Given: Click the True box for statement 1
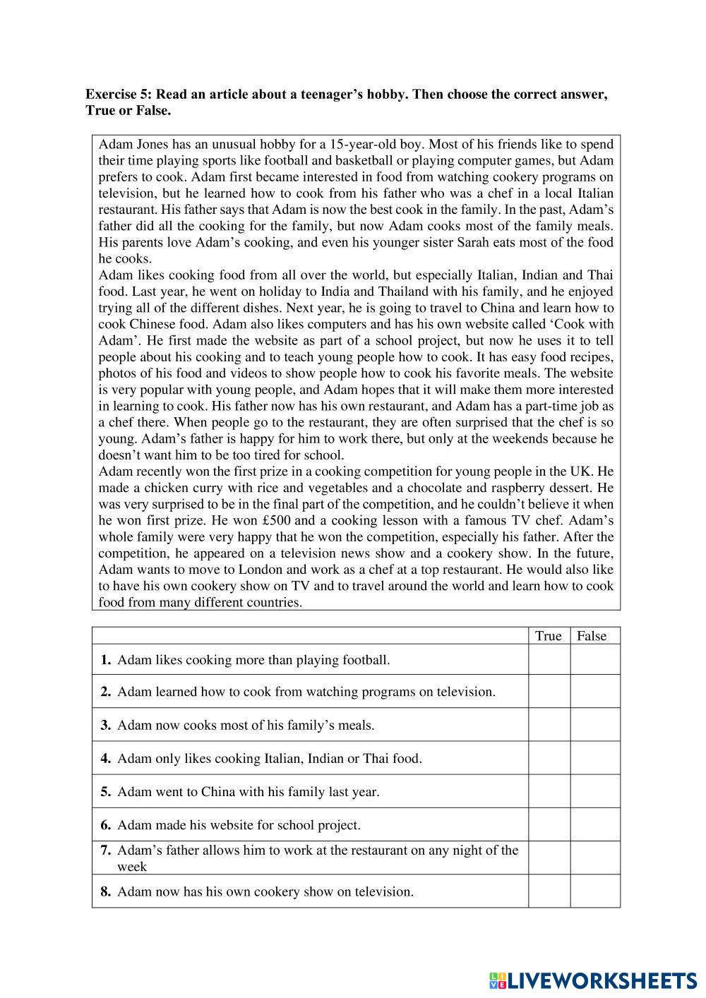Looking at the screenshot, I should (x=549, y=660).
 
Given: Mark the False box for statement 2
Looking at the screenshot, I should (x=594, y=692).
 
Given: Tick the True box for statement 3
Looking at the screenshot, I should (x=549, y=725).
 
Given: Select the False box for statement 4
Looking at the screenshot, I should (x=594, y=758).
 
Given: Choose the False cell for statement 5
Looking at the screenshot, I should (x=594, y=791).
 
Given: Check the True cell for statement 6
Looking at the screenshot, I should (x=549, y=824).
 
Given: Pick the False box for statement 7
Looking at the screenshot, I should (x=594, y=858).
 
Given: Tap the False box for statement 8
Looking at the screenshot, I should (x=594, y=891).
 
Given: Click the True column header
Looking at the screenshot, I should (x=549, y=636).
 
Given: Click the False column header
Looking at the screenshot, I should (x=592, y=636).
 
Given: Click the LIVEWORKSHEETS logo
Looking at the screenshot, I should (x=592, y=980).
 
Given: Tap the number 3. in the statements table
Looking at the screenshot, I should (x=106, y=725).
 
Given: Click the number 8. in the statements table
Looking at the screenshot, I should (x=106, y=891).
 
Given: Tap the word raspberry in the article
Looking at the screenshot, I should (x=518, y=488).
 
